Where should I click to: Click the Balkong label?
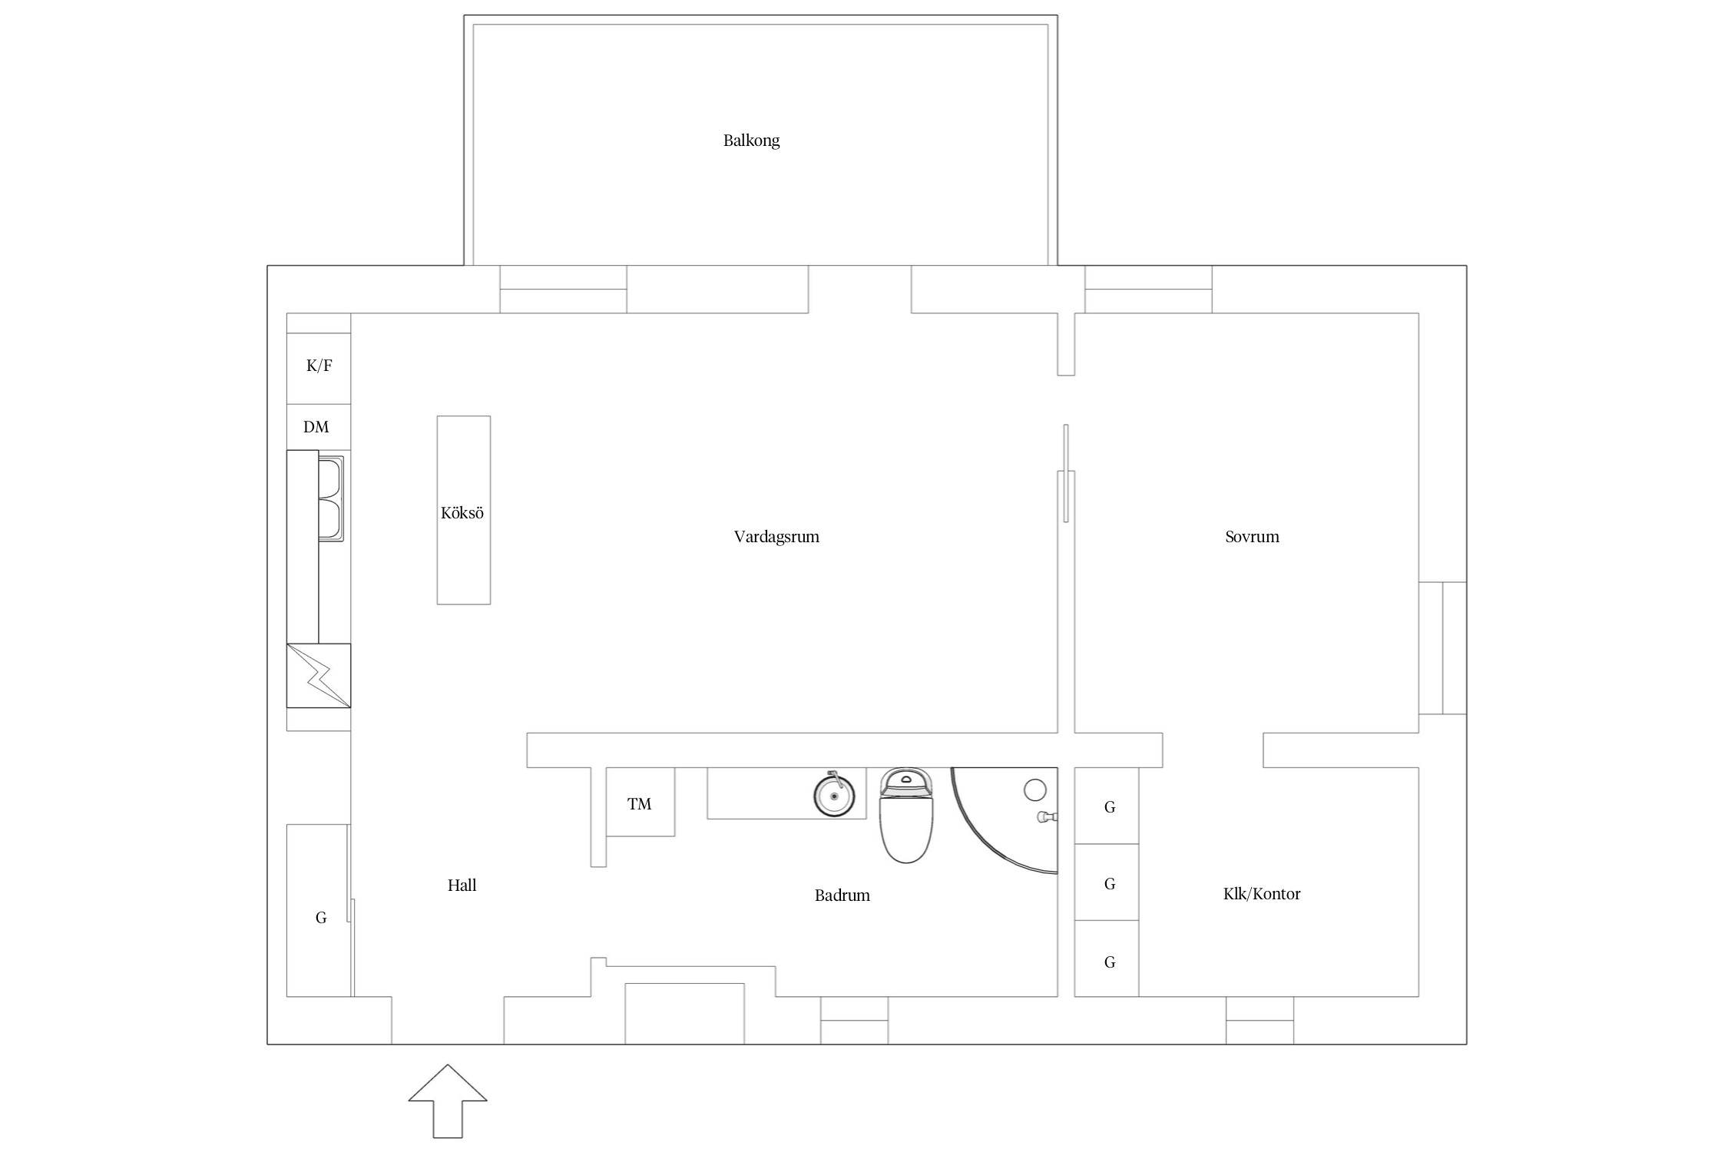pyautogui.click(x=751, y=141)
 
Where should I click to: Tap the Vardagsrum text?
pyautogui.click(x=776, y=537)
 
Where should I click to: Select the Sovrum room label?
pyautogui.click(x=1252, y=537)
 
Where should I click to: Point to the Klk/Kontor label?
pyautogui.click(x=1262, y=894)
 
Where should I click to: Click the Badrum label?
pyautogui.click(x=842, y=895)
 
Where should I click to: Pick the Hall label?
pyautogui.click(x=462, y=886)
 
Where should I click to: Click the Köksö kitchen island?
pyautogui.click(x=464, y=510)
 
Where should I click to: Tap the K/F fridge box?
pyautogui.click(x=319, y=369)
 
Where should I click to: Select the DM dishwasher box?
pyautogui.click(x=319, y=427)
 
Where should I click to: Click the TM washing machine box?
pyautogui.click(x=641, y=802)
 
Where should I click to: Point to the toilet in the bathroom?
pyautogui.click(x=906, y=815)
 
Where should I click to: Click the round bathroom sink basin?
pyautogui.click(x=834, y=796)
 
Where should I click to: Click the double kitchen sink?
pyautogui.click(x=331, y=498)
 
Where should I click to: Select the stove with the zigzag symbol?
pyautogui.click(x=319, y=676)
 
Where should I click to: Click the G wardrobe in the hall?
pyautogui.click(x=319, y=911)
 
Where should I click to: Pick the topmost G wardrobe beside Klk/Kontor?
pyautogui.click(x=1107, y=806)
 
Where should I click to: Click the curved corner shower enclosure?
pyautogui.click(x=975, y=839)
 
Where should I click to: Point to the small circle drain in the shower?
pyautogui.click(x=1035, y=790)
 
